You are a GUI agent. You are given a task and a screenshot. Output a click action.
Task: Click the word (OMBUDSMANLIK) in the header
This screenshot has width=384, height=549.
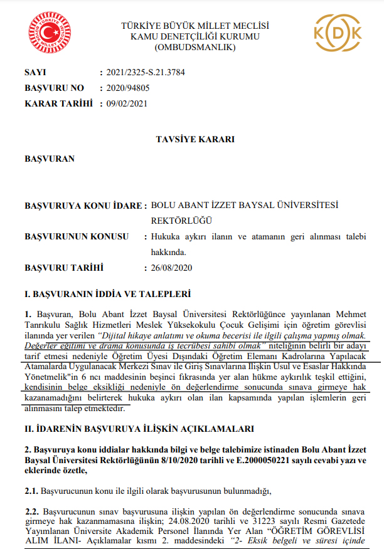tap(195, 48)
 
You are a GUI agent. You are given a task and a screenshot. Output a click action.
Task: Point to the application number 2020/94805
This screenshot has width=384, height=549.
tap(129, 88)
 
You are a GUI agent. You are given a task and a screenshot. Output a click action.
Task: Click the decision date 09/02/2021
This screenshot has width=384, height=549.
tap(129, 103)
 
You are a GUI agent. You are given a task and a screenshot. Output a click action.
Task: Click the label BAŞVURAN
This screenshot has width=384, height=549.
tap(50, 159)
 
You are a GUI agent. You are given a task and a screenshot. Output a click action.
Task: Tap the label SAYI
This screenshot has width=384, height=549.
tap(35, 73)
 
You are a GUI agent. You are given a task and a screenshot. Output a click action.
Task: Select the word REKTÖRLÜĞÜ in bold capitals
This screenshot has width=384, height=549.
tap(182, 221)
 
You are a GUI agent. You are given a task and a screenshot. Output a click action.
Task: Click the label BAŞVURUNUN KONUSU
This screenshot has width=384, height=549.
tap(77, 236)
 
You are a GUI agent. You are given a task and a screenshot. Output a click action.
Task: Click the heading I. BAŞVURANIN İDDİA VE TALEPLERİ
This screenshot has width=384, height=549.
tap(107, 293)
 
